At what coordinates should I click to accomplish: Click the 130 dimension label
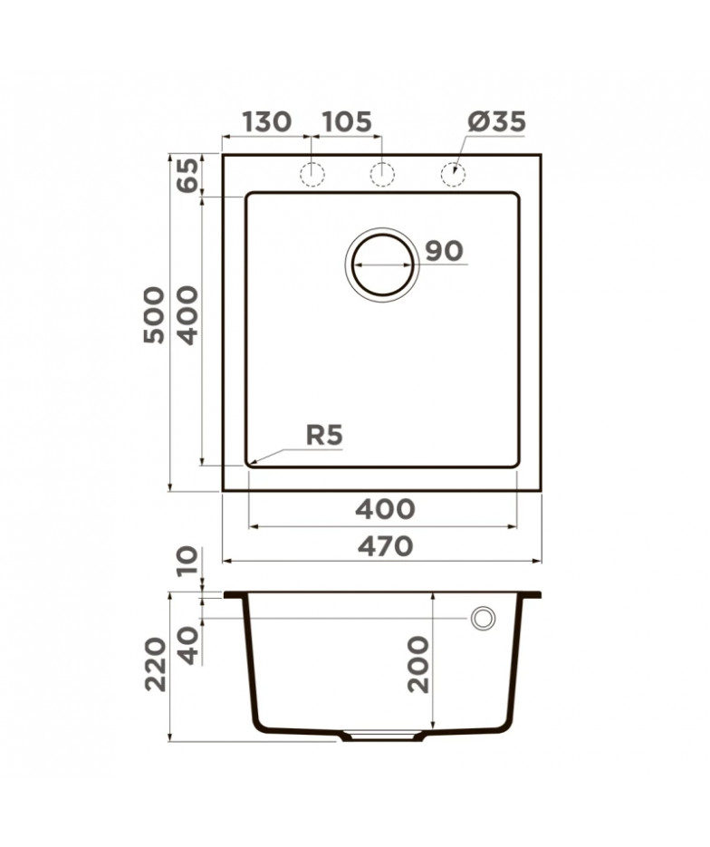[267, 122]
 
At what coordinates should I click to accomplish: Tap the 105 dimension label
[347, 122]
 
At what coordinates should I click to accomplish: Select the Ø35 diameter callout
[497, 122]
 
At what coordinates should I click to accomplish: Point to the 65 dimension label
[187, 176]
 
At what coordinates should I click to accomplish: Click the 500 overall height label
[154, 315]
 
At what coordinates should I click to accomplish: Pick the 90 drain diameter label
[444, 251]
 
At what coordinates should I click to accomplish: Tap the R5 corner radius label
[324, 435]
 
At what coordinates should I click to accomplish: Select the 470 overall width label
[385, 546]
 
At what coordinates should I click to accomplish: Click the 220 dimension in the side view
[156, 664]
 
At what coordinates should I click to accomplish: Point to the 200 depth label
[418, 664]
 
